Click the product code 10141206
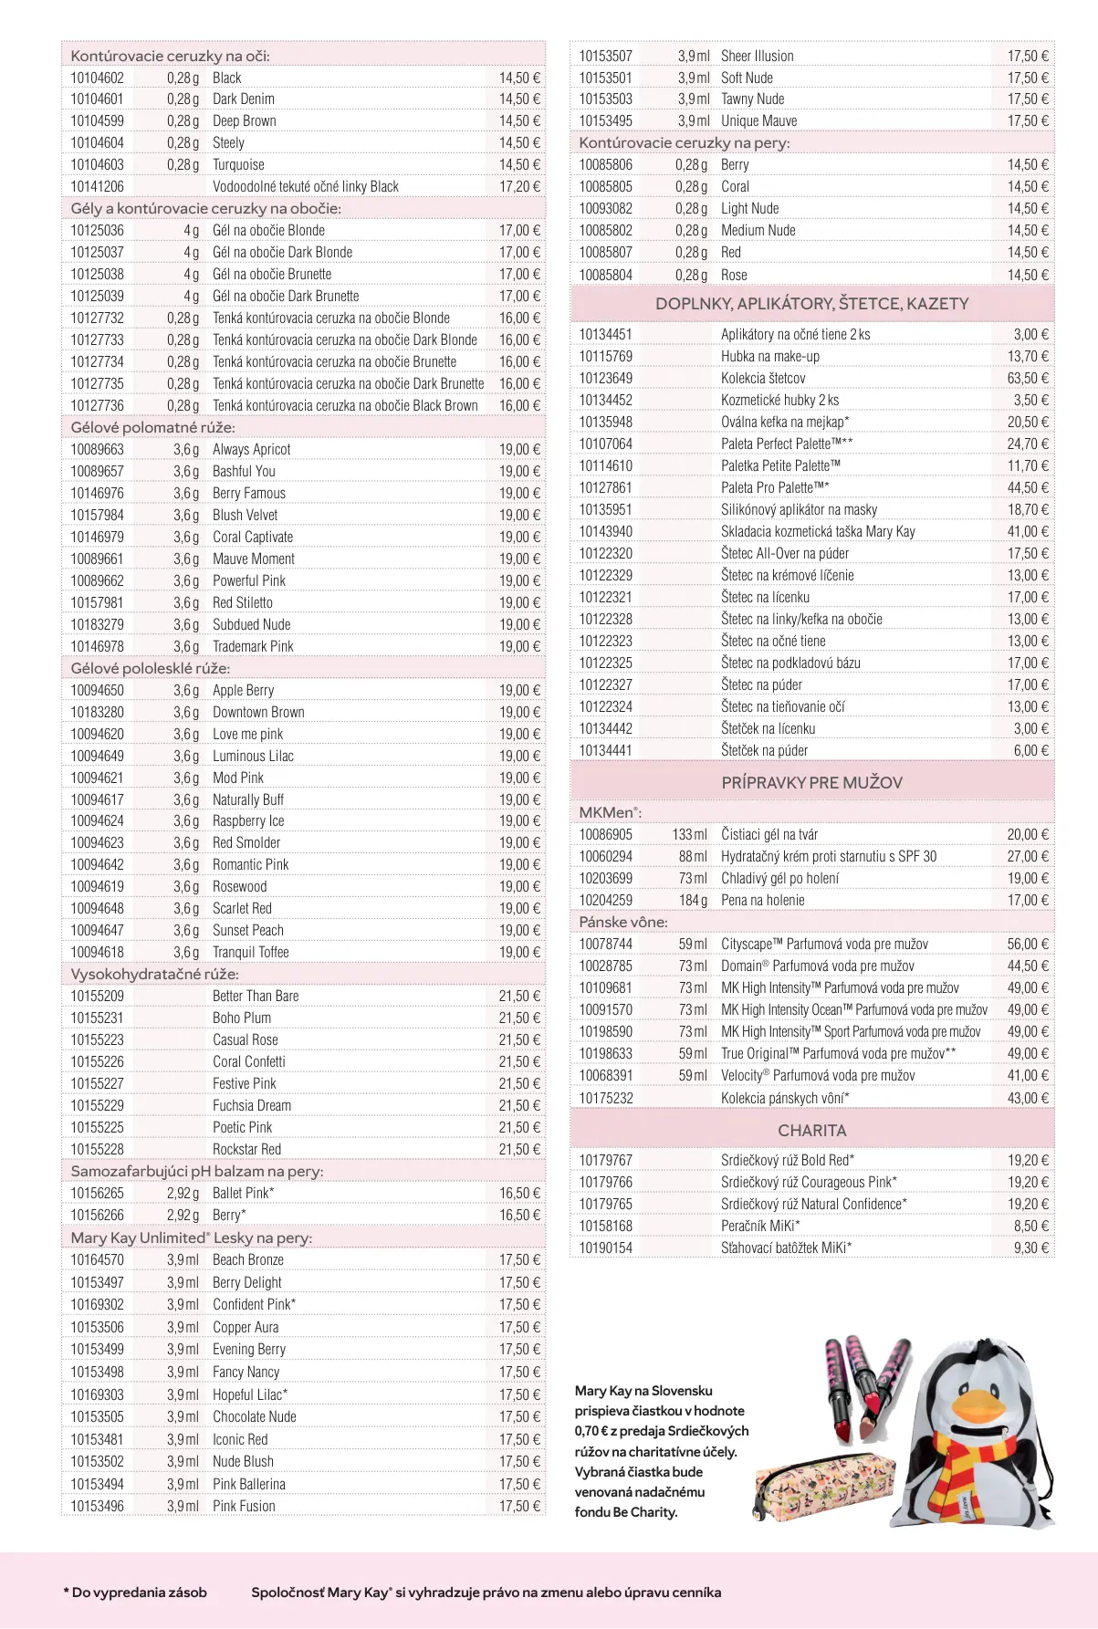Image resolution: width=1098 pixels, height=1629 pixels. [97, 187]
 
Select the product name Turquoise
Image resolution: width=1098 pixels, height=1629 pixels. [238, 165]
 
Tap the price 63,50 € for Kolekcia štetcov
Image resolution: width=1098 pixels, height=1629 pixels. [1028, 379]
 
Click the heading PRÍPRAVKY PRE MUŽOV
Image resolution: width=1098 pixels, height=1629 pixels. [811, 783]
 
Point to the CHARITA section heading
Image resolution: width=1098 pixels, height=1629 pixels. [811, 1131]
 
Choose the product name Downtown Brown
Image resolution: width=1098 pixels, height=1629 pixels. [258, 713]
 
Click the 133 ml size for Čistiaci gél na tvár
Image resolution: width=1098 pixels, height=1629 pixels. [689, 835]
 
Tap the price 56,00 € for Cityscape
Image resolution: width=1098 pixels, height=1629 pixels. [1028, 945]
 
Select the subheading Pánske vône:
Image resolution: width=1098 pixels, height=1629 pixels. [622, 923]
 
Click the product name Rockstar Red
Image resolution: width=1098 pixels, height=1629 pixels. [246, 1150]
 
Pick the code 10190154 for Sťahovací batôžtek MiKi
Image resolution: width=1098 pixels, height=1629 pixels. [605, 1248]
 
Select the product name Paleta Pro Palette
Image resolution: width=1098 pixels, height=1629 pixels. [774, 488]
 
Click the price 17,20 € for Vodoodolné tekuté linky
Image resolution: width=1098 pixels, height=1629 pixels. [519, 187]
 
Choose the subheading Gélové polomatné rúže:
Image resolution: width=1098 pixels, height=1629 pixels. [152, 428]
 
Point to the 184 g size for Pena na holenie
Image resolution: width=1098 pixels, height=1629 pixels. [693, 901]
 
